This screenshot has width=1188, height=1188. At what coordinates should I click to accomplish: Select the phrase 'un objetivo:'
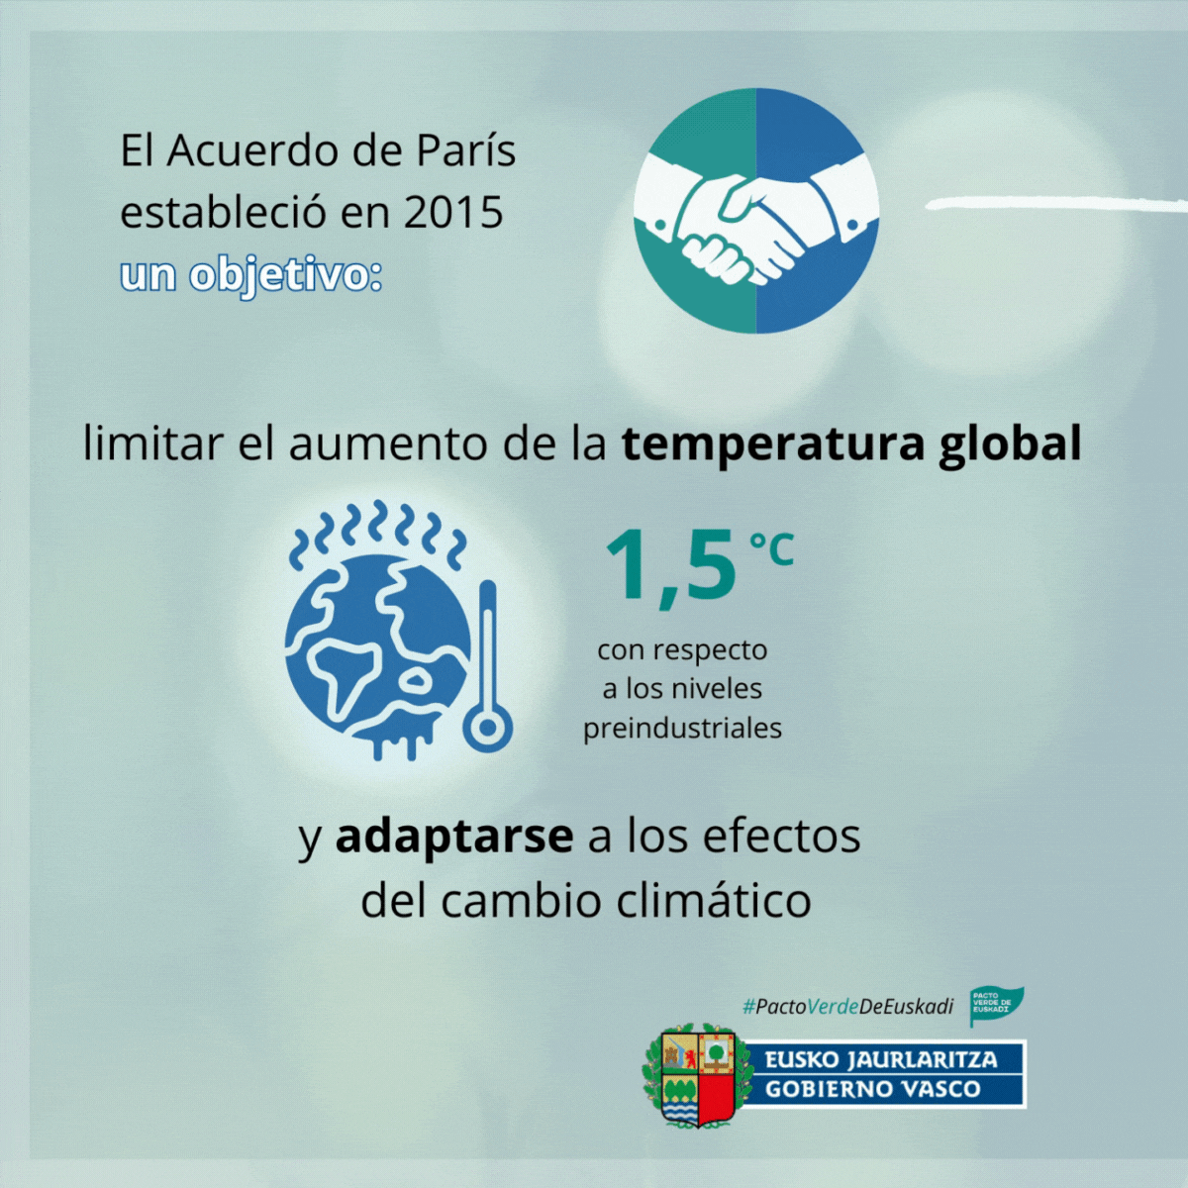click(x=250, y=275)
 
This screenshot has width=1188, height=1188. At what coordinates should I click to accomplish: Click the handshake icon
click(x=756, y=211)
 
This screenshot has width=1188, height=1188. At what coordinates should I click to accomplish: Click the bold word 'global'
click(x=1011, y=444)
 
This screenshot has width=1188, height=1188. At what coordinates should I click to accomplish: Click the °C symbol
click(x=771, y=548)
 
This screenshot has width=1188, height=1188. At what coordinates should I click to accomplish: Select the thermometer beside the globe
click(x=488, y=666)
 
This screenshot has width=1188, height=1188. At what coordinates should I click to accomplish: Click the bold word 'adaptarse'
click(x=454, y=837)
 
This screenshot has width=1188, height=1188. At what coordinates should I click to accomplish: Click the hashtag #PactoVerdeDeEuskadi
click(x=847, y=1007)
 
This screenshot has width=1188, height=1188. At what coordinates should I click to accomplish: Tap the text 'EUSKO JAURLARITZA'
click(x=881, y=1059)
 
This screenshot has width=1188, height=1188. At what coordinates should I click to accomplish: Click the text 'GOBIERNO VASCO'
click(x=872, y=1089)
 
